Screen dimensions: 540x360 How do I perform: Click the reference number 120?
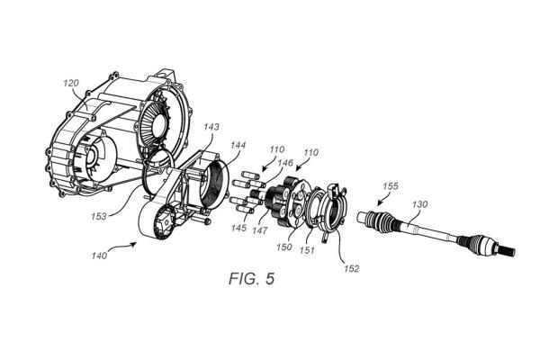click(71, 83)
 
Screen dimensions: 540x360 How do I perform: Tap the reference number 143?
click(211, 127)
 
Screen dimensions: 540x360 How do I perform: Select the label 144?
click(238, 146)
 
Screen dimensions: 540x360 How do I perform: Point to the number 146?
click(285, 163)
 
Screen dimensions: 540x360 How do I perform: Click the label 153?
click(99, 217)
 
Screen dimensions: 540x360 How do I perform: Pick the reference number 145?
click(238, 228)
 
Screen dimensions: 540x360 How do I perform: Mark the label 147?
click(259, 230)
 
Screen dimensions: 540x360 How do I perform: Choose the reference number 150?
click(284, 247)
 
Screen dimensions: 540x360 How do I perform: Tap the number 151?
click(307, 250)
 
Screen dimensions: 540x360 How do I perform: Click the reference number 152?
click(351, 268)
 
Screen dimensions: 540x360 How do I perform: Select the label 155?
click(391, 186)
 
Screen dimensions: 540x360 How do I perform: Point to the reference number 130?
click(419, 204)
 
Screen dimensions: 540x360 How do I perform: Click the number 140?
click(100, 256)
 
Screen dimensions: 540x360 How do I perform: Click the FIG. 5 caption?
click(252, 278)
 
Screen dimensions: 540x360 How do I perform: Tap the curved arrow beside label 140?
click(123, 246)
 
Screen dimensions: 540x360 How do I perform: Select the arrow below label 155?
click(382, 200)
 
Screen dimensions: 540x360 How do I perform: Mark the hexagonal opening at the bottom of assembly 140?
click(165, 222)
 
